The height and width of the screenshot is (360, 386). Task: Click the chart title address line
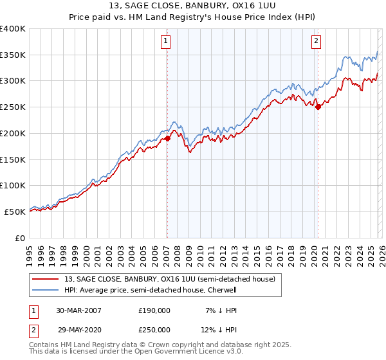[x=193, y=6]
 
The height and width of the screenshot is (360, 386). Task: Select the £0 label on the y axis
[x=19, y=238]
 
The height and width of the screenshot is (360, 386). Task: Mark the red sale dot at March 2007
[x=167, y=138]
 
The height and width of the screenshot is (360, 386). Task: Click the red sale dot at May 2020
[x=318, y=107]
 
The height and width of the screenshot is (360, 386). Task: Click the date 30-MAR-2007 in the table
[x=78, y=310]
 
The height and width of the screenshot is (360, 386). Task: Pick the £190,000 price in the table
[x=154, y=310]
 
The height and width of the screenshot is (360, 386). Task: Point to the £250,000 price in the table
[x=154, y=329]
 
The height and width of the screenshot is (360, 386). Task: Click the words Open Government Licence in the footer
[x=188, y=352]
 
